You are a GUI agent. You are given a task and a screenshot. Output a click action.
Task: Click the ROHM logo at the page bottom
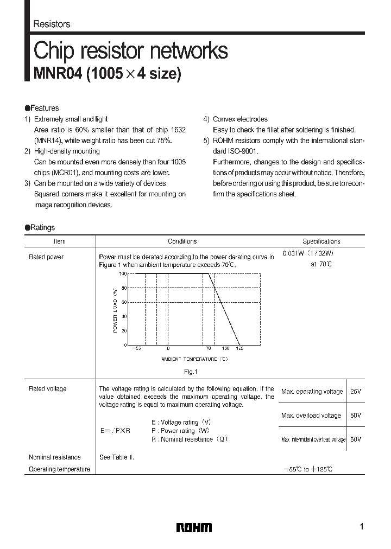point(194,527)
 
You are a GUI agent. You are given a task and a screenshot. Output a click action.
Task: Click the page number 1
point(361,527)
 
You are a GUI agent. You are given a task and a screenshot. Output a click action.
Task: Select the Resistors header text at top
point(52,24)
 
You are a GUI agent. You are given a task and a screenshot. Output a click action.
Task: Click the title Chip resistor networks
point(131,51)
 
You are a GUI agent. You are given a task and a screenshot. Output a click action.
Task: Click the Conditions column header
point(182,241)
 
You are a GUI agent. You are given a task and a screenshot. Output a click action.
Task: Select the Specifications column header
point(321,241)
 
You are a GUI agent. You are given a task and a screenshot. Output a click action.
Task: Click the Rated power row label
point(46,257)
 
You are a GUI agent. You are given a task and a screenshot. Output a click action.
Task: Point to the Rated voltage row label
point(47,389)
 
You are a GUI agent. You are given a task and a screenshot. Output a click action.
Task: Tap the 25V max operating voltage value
point(356,391)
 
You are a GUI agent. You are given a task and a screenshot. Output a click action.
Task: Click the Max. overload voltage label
point(311,416)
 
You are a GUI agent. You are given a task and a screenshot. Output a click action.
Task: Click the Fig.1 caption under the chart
point(190,372)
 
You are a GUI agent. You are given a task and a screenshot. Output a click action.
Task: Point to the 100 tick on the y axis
point(123,274)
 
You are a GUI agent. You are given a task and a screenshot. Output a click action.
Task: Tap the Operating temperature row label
point(59,469)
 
